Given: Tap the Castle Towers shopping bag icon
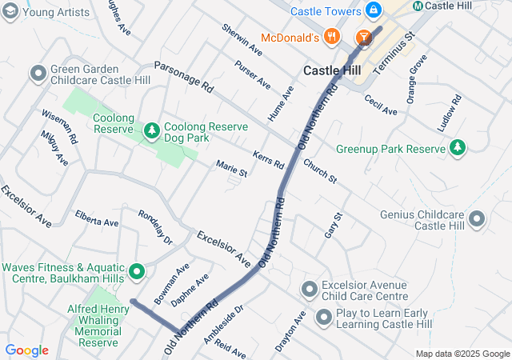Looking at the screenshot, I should [372, 10].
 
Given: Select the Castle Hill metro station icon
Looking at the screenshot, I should [418, 6].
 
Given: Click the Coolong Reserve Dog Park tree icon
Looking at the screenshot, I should [151, 129].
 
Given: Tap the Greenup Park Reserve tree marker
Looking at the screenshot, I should [457, 148].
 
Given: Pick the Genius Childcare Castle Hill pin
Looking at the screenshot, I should [478, 218].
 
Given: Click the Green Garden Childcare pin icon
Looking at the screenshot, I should [38, 74].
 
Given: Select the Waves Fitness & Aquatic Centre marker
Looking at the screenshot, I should [136, 272].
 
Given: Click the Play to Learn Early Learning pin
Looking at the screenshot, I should [324, 318].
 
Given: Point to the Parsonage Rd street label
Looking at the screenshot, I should [184, 76].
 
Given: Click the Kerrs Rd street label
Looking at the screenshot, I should [268, 158].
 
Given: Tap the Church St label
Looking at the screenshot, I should [320, 170].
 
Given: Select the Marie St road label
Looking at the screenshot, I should [231, 168].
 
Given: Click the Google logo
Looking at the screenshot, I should [26, 350].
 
